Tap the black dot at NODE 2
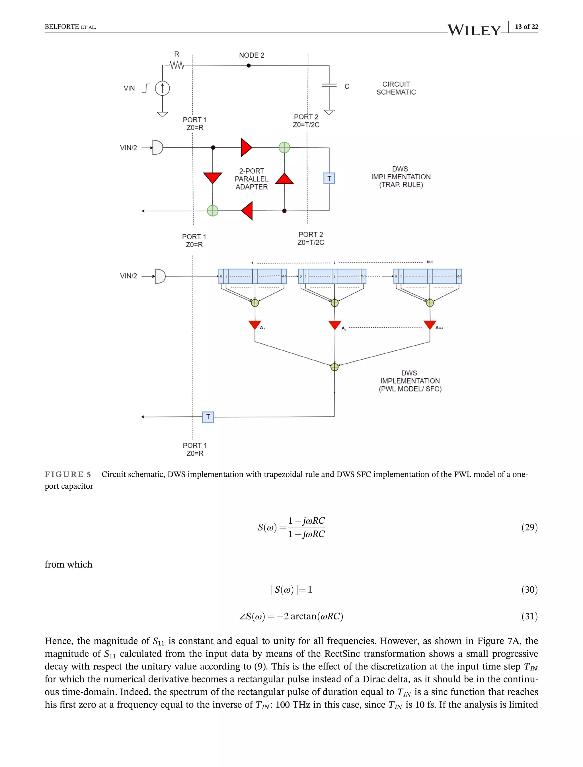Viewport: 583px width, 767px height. point(249,65)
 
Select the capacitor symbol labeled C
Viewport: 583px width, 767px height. point(329,85)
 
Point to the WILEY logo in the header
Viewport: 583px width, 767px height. point(474,30)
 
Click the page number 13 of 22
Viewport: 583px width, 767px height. point(526,27)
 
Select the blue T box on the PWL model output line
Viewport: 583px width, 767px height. point(208,417)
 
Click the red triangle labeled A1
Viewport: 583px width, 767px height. point(255,325)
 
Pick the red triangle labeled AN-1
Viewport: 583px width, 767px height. point(430,325)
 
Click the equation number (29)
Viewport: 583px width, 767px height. point(529,527)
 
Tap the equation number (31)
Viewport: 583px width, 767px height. point(529,616)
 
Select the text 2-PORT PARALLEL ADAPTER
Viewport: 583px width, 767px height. point(252,179)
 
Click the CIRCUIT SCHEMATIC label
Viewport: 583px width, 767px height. point(396,88)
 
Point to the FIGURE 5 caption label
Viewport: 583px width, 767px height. point(68,474)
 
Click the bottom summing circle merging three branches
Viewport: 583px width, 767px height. point(334,367)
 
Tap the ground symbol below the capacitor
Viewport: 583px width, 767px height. point(329,112)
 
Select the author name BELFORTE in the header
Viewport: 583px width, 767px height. point(62,27)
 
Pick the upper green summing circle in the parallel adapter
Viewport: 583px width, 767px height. point(284,148)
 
